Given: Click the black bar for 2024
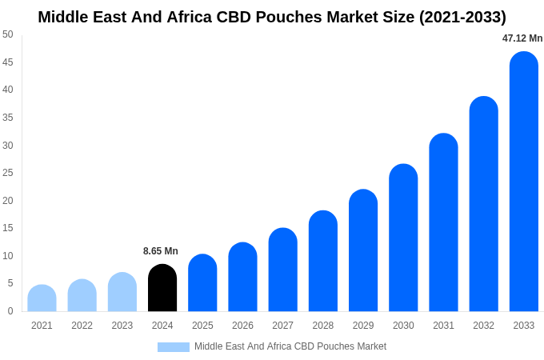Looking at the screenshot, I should [162, 288].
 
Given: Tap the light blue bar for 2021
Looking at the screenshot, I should [42, 298].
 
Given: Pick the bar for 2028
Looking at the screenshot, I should [323, 262].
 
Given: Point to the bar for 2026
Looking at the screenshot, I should [242, 278].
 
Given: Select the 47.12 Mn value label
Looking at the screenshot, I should [522, 38].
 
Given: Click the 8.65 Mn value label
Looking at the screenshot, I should [161, 251].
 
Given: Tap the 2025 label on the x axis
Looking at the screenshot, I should [202, 326].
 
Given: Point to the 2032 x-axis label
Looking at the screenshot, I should [483, 326].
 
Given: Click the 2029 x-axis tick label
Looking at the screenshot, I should [363, 326].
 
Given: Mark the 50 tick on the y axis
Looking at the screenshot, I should [8, 34].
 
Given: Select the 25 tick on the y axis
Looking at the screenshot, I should [8, 173].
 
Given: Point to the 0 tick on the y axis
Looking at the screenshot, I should [10, 311].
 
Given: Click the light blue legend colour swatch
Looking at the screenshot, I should [173, 347].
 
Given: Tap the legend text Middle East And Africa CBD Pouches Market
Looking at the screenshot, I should [290, 346].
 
